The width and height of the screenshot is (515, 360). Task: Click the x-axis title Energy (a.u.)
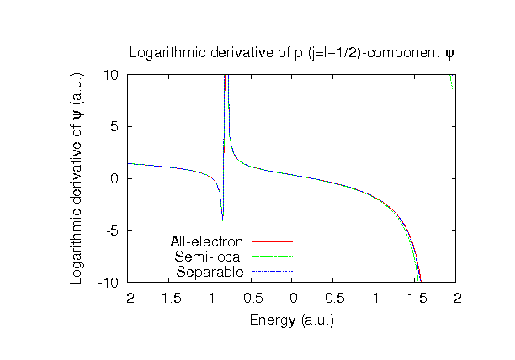[291, 320]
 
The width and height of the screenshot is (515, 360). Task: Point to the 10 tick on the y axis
[112, 75]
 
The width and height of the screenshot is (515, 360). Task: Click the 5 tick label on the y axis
[115, 126]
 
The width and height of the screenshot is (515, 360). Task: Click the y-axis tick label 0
[115, 178]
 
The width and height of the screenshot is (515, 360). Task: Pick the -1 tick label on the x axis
[210, 299]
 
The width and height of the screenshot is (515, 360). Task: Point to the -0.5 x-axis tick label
[252, 299]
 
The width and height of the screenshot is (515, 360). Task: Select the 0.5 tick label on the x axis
[334, 299]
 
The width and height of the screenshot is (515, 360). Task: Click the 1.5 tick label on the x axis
[417, 299]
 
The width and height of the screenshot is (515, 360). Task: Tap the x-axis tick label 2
[458, 299]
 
